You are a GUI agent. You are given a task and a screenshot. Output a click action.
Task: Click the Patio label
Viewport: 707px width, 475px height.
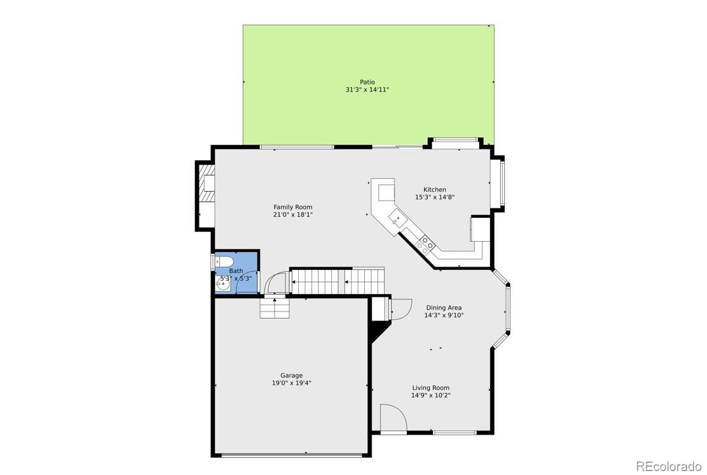[367, 82]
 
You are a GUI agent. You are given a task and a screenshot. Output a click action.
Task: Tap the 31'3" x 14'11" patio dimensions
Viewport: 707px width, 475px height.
[367, 90]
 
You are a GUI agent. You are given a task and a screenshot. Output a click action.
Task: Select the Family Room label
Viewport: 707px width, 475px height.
[293, 207]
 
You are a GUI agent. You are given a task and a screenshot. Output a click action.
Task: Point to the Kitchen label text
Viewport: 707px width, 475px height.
[435, 190]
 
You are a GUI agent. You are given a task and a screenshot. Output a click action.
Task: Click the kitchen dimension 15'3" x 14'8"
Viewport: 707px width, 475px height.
[435, 197]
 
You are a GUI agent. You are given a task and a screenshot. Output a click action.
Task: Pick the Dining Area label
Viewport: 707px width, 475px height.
[444, 308]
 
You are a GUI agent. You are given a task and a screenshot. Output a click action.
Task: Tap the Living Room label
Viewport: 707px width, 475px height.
[430, 388]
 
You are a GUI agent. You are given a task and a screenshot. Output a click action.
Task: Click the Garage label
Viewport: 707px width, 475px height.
[291, 376]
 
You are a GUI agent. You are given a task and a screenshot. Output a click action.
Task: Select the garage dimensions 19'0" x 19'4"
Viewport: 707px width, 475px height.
[291, 383]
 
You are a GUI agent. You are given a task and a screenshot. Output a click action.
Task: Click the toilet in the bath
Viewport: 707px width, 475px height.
[224, 262]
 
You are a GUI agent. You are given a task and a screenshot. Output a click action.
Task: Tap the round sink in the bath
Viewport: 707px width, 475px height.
[223, 283]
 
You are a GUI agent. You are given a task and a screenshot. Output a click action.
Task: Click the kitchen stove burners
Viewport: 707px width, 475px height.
[424, 244]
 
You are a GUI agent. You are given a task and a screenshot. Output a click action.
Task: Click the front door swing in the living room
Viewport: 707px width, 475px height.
[393, 418]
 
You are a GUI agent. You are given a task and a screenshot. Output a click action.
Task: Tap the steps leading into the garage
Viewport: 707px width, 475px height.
[274, 308]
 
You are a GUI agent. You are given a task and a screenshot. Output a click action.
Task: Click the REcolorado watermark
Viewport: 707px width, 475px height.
[669, 465]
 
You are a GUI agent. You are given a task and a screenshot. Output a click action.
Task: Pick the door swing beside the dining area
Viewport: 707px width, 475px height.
[400, 309]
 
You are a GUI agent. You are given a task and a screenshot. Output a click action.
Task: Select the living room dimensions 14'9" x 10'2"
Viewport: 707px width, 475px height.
[430, 396]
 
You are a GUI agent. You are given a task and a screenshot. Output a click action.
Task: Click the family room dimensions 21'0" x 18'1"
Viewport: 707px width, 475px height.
[293, 215]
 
